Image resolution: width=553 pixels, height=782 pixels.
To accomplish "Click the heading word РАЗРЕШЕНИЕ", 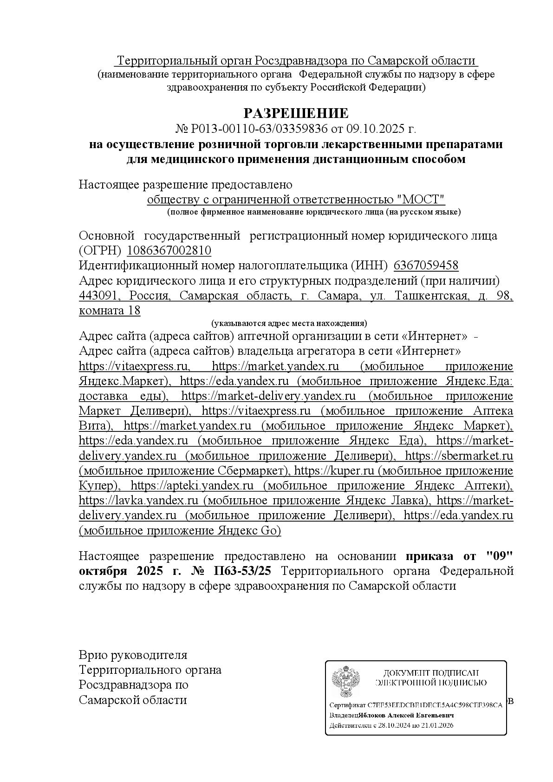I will click(296, 113).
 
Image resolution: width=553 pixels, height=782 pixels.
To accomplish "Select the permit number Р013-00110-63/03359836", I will click(259, 128).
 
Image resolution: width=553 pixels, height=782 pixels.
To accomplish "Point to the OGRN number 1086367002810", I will click(169, 251).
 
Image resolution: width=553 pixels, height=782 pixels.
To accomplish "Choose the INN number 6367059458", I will click(426, 266).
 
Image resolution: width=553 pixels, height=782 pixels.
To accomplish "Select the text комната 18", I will click(110, 310).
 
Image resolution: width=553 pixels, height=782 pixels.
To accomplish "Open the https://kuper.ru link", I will click(334, 470).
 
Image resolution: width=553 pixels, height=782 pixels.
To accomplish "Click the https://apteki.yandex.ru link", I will click(192, 485).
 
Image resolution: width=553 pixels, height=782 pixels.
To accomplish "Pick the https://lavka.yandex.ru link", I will click(139, 500).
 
